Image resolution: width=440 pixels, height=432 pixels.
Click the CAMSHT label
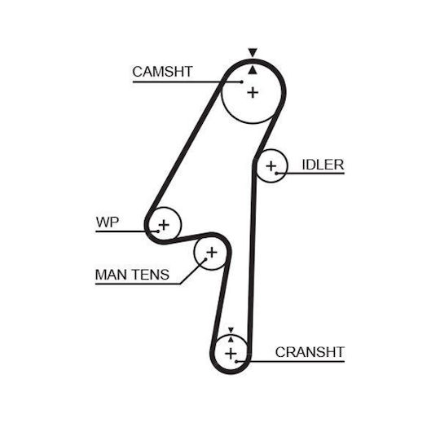tap(162, 72)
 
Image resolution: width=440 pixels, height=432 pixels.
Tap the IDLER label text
tap(323, 165)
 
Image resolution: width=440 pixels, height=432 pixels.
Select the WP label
tap(108, 222)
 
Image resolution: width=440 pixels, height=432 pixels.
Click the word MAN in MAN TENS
tap(112, 274)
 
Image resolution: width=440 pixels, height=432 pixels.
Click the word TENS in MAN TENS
tap(151, 274)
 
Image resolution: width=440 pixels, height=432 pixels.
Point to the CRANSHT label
tap(310, 352)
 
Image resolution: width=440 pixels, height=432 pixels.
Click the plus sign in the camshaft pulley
tap(253, 92)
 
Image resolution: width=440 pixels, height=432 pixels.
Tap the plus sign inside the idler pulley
tap(271, 166)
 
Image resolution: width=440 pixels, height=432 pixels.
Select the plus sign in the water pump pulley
tap(164, 225)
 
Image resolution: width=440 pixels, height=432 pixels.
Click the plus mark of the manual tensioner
tap(212, 252)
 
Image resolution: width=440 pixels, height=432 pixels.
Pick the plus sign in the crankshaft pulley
tap(231, 353)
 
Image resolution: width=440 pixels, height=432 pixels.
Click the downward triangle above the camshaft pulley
tap(253, 52)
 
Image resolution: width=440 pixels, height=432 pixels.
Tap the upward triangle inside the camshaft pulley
tap(253, 70)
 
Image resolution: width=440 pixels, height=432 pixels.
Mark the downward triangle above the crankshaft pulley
tap(231, 330)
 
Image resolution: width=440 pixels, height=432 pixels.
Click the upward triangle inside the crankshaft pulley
tap(231, 339)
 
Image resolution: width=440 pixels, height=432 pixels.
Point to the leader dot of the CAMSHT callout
tap(242, 82)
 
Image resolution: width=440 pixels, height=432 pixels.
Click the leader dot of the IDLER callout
tap(276, 173)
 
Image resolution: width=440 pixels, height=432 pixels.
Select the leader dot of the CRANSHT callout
tap(236, 361)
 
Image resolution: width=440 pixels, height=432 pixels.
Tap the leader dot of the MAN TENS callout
tap(205, 259)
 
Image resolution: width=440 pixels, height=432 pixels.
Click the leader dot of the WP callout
tap(158, 231)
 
